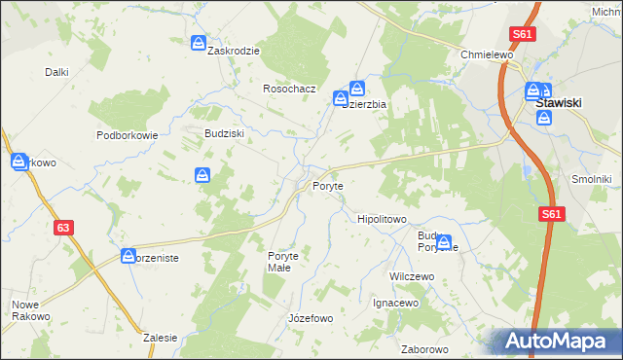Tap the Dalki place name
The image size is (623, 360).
pos(56,72)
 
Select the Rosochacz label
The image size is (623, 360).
pos(290,89)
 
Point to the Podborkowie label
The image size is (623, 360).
pos(127,135)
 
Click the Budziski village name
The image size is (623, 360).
pos(223,133)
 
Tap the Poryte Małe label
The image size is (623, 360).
pos(288,263)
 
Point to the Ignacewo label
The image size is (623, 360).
pos(395,303)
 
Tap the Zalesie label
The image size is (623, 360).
pos(160,338)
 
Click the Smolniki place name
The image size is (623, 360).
pos(591,179)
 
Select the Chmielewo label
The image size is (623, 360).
pos(487,55)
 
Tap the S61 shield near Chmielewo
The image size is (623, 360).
pos(524,34)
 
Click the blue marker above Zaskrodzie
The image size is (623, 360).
pos(199,44)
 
